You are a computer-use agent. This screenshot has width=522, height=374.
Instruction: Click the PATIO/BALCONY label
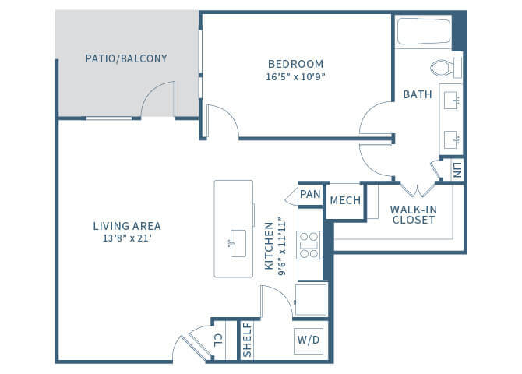click(x=125, y=58)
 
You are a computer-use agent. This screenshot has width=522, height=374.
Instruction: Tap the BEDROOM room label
click(x=295, y=64)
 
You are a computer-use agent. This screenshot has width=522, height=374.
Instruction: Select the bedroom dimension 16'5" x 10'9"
click(x=295, y=77)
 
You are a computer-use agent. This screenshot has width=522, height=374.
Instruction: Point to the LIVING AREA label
click(x=127, y=226)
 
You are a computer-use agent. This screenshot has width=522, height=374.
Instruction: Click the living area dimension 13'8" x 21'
click(x=127, y=238)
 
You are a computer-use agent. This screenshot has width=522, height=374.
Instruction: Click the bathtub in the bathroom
click(x=424, y=33)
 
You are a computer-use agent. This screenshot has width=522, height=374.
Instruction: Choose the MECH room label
click(x=345, y=200)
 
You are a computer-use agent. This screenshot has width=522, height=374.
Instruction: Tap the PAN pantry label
click(x=310, y=194)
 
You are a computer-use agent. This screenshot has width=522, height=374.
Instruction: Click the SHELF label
click(x=247, y=341)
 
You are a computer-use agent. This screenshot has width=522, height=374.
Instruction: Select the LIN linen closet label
click(x=457, y=169)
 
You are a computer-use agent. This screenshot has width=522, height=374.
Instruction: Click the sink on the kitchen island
click(x=237, y=243)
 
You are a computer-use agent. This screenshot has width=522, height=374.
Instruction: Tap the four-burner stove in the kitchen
click(x=310, y=244)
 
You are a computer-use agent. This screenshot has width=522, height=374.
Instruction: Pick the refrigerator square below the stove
click(x=311, y=300)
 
